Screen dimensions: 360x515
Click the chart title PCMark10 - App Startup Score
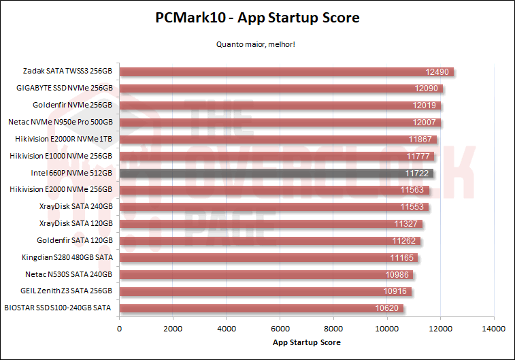point(257,18)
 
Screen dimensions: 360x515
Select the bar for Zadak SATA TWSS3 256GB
point(286,71)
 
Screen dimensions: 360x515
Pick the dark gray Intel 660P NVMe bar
point(276,173)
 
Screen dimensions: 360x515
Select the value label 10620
point(388,308)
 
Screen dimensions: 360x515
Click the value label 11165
point(402,257)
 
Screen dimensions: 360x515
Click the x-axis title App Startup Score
point(306,342)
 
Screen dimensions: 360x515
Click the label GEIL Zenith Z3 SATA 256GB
point(66,291)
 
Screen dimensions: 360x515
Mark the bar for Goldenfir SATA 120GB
point(269,240)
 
